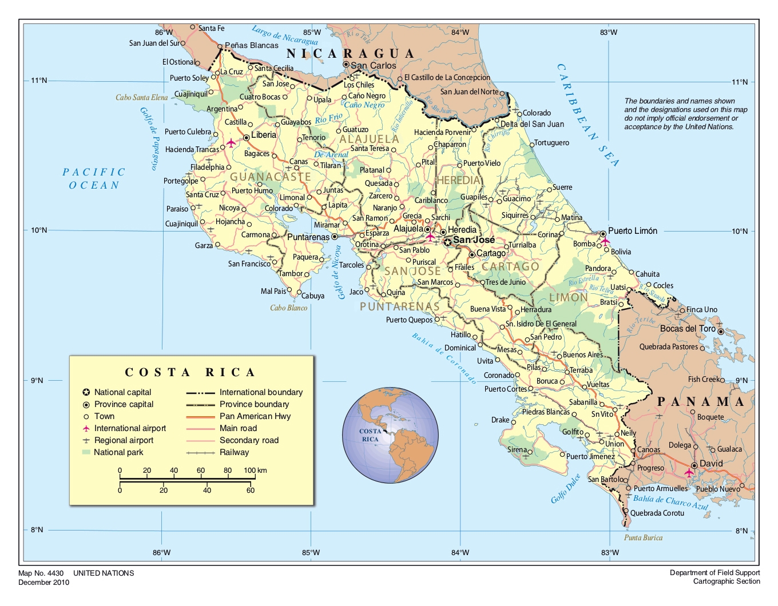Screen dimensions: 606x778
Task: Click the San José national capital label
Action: coord(474,240)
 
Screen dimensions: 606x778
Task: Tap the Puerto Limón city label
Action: coord(632,231)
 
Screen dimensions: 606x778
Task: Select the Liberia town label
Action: coord(263,135)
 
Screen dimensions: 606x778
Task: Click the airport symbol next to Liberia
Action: coord(231,143)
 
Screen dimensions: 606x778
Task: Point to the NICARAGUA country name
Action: coord(350,54)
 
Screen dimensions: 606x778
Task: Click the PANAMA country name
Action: coord(701,402)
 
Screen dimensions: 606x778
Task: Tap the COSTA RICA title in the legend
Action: coord(190,373)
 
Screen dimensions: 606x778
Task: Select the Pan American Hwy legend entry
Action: coord(255,416)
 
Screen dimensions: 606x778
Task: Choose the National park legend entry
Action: coord(118,452)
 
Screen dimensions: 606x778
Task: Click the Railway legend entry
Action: coord(234,452)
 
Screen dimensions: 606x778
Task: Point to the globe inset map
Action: coord(390,436)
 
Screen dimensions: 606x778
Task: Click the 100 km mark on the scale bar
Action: coord(250,471)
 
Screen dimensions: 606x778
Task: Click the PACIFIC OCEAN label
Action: coord(94,178)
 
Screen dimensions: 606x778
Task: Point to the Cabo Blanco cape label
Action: coord(288,308)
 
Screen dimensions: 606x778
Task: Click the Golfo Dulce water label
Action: coord(566,489)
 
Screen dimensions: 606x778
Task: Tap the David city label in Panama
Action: coord(711,464)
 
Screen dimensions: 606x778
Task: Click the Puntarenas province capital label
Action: coord(308,237)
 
